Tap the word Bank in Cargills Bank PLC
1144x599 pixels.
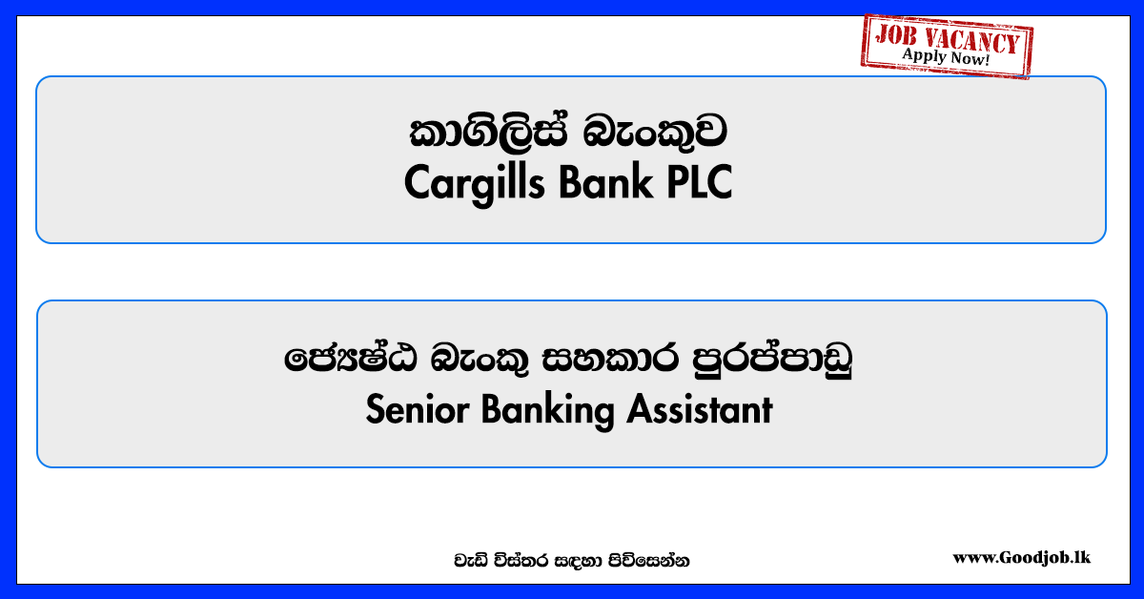pos(605,182)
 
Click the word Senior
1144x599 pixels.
pos(418,409)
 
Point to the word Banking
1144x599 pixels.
pos(547,411)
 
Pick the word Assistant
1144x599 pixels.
pos(700,409)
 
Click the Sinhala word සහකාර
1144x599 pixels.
pos(610,358)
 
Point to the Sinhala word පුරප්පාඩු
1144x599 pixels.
pos(772,359)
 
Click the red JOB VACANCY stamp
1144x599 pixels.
pos(947,46)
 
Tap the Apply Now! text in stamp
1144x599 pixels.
pos(946,56)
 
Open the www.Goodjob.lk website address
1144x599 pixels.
pos(1021,557)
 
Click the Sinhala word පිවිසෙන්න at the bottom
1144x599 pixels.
pos(648,561)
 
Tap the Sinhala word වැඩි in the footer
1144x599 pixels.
pos(471,561)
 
